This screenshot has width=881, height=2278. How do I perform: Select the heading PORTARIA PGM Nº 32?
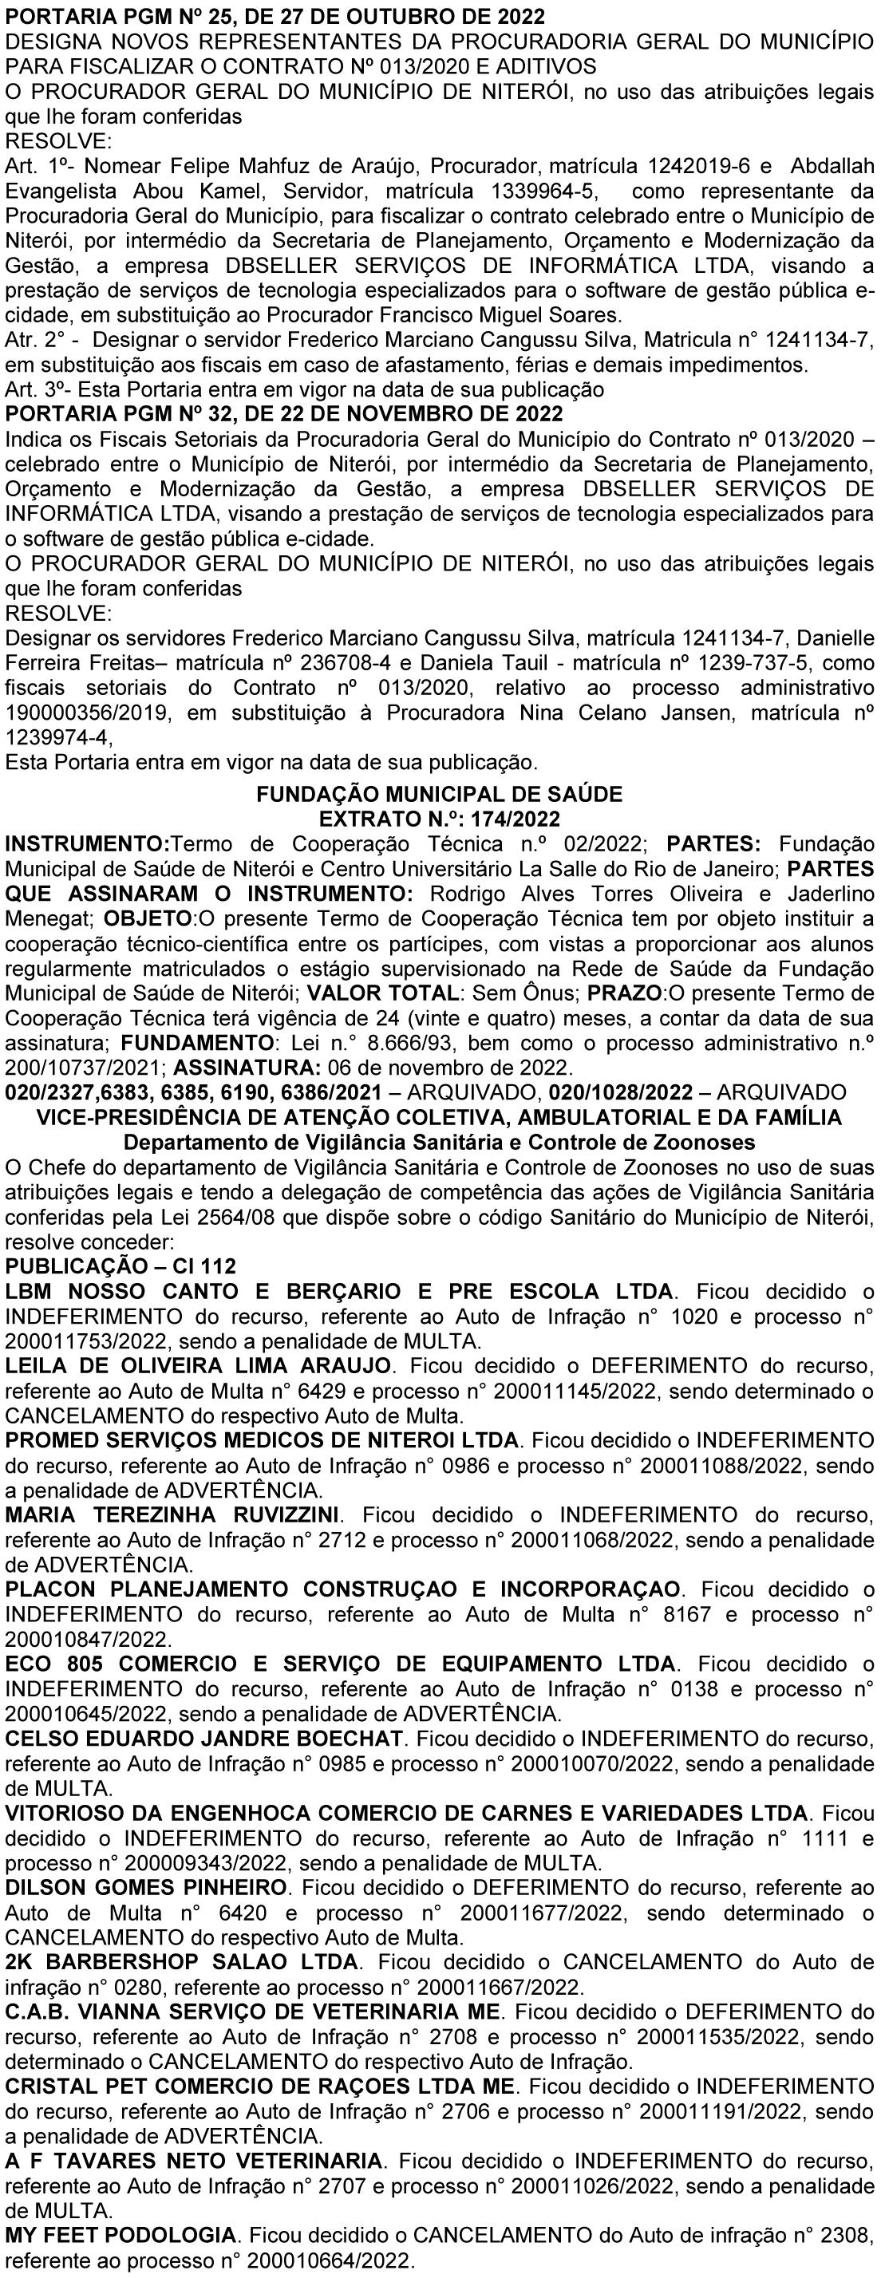(x=283, y=413)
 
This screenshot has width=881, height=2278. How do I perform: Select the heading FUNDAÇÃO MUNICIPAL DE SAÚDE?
(x=440, y=793)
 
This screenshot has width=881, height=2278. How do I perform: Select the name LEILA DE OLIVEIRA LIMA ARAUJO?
(x=198, y=1364)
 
